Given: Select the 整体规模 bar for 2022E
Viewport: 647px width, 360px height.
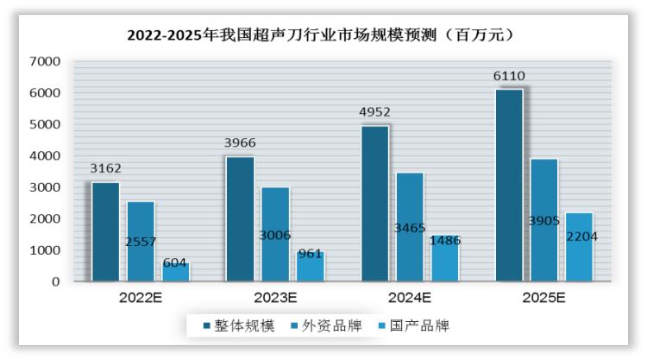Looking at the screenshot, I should pos(105,231).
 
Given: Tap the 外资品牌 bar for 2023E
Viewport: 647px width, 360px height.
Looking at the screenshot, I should pos(275,234).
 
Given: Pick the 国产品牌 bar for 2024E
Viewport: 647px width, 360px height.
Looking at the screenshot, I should pos(445,259).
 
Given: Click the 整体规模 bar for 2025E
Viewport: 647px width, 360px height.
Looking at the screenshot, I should pos(509,185).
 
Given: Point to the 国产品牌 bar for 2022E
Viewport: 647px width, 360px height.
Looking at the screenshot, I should pos(174,272).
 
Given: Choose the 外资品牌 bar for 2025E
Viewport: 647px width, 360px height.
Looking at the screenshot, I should pos(543,219).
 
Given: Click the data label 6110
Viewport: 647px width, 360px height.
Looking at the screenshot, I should pos(509,76).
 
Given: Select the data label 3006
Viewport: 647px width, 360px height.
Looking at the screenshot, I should pos(275,235).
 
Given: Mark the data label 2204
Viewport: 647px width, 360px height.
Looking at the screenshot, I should pos(581,236).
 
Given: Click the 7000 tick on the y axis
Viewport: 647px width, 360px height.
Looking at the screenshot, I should pos(44,61).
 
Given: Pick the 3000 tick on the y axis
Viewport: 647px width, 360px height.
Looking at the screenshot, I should pos(44,187).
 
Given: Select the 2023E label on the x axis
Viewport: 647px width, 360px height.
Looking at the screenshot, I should pos(274,299).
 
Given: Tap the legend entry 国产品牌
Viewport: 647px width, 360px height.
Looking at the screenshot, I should pos(412,325).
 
